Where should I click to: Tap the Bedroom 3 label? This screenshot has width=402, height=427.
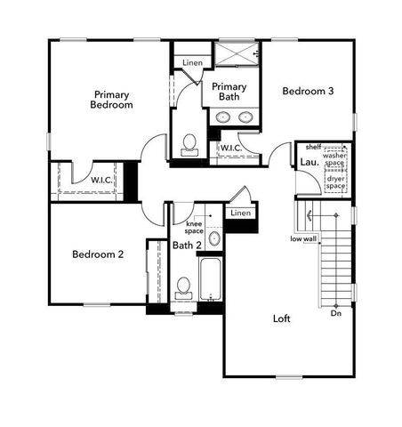308,91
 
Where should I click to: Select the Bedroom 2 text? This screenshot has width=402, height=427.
98,254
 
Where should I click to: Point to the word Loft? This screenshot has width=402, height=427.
282,318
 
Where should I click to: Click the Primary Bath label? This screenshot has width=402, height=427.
229,92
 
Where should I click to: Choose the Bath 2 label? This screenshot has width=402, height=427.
186,246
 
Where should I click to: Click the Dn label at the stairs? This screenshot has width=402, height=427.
335,313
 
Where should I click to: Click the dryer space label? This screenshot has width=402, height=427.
334,182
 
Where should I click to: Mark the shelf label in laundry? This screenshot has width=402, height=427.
312,146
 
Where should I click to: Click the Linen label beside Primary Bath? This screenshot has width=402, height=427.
193,62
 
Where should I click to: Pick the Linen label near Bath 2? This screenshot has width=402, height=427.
240,213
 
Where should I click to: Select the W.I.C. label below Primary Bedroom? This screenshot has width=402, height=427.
101,180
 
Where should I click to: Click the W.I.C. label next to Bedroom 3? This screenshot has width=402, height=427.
230,147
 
